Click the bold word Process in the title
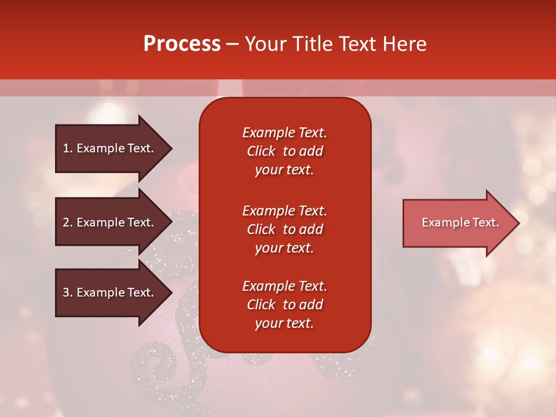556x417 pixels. [x=182, y=44]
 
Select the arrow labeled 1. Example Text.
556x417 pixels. [x=110, y=148]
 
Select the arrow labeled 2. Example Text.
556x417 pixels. [x=110, y=222]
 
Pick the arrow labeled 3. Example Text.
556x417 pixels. [x=110, y=292]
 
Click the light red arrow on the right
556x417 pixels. [x=458, y=223]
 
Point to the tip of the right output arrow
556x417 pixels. [x=518, y=223]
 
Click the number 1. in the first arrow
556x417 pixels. [x=68, y=148]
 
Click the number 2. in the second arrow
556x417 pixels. [x=68, y=222]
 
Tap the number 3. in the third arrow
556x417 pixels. [x=68, y=292]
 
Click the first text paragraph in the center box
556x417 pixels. [x=284, y=151]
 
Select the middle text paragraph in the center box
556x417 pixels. [x=284, y=229]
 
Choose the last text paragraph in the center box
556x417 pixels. [x=284, y=305]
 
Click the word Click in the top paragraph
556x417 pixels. [x=261, y=151]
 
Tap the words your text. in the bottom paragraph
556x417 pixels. [x=284, y=323]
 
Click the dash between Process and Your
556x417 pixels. [x=232, y=45]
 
